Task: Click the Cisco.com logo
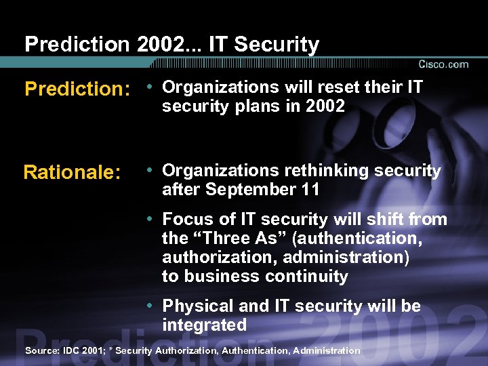(443, 64)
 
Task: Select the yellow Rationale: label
(72, 173)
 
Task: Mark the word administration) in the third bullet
(346, 258)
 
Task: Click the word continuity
(314, 277)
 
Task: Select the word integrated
(204, 325)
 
